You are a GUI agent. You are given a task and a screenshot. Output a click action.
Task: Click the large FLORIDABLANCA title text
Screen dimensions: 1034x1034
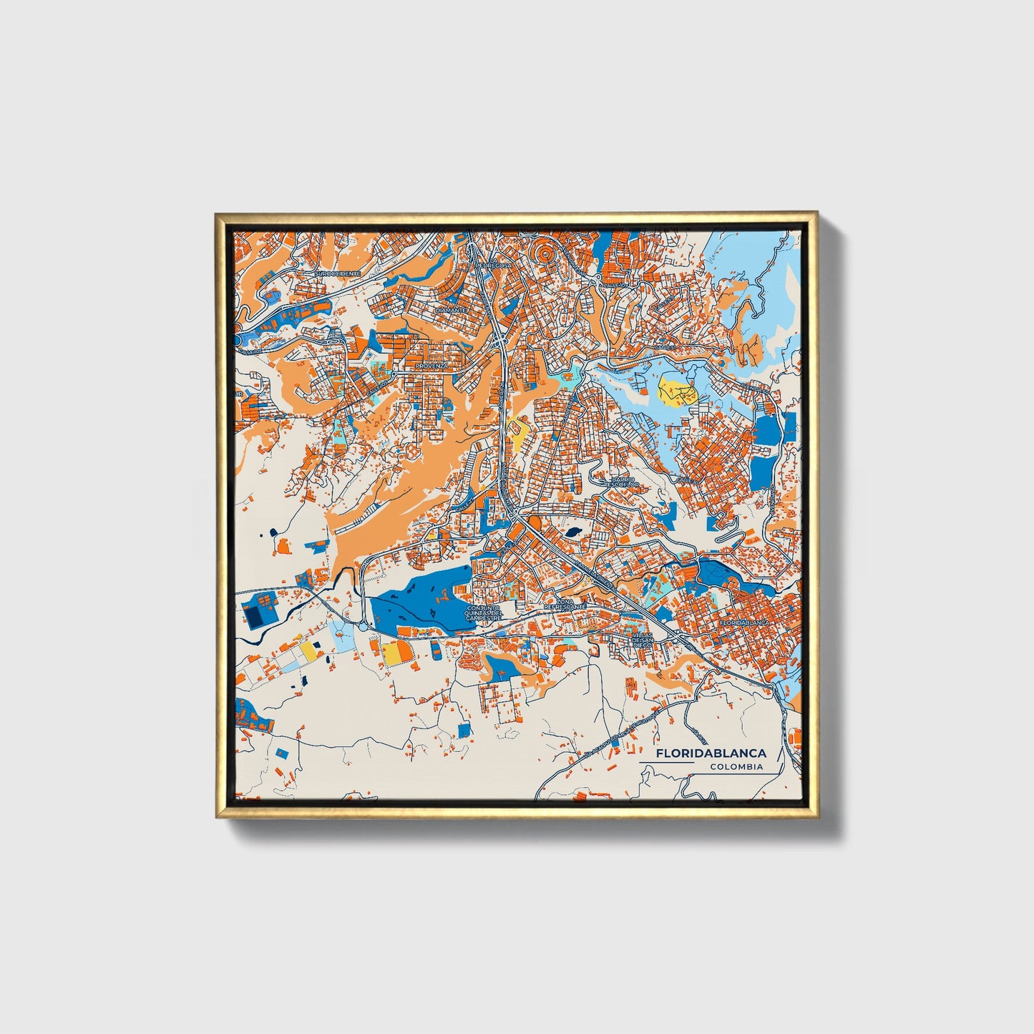(x=711, y=753)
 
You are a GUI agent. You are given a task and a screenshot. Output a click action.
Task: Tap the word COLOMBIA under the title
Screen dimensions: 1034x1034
(x=736, y=766)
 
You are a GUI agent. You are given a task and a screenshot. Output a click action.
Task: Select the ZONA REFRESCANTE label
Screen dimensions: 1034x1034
(x=565, y=605)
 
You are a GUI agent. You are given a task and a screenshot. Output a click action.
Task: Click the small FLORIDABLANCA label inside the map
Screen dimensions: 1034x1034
(x=744, y=623)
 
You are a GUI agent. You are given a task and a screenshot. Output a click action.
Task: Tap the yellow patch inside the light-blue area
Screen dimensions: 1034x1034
(x=677, y=391)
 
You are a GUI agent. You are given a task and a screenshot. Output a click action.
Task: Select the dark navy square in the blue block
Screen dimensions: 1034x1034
(x=253, y=615)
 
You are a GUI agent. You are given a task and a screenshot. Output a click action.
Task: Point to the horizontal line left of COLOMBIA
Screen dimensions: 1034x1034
(x=665, y=763)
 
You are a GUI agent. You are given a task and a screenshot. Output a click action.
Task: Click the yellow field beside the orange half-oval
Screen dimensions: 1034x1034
(x=393, y=654)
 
